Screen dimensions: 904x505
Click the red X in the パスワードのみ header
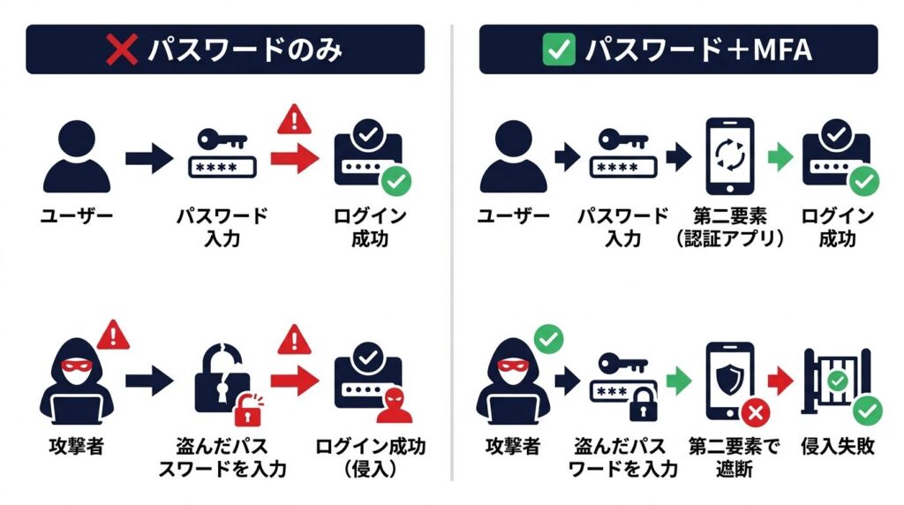[122, 49]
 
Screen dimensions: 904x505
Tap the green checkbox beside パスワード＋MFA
[559, 49]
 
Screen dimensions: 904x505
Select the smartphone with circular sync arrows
[730, 156]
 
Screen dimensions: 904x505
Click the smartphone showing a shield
[730, 381]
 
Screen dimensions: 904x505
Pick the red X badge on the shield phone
[756, 412]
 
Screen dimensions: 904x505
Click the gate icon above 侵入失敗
[836, 381]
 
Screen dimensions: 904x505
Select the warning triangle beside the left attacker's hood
[113, 335]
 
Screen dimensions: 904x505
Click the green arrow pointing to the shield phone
[679, 381]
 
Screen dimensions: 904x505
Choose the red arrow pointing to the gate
[780, 381]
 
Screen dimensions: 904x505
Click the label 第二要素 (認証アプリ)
[730, 227]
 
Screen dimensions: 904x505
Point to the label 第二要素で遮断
[734, 457]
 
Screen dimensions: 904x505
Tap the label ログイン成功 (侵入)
[371, 457]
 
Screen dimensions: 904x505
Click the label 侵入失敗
[838, 446]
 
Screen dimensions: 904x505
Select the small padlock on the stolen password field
[643, 403]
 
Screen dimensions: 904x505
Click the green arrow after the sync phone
[780, 157]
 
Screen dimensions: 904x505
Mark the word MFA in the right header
[783, 49]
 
